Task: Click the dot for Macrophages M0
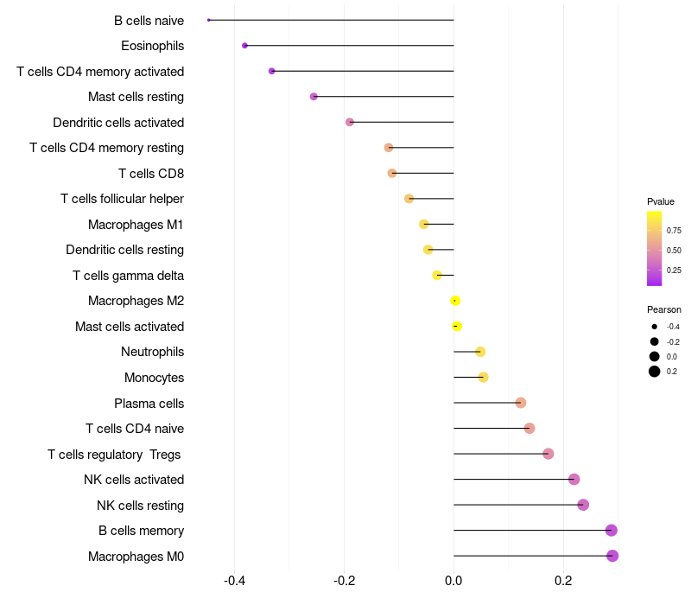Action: click(612, 556)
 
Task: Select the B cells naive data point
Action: click(209, 20)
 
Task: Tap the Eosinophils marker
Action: click(245, 45)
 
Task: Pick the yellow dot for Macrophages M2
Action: click(455, 301)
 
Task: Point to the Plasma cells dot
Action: click(521, 403)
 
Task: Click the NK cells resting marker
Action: click(583, 505)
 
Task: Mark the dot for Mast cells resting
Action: click(314, 97)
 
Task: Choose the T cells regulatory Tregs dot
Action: click(548, 454)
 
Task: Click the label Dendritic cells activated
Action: click(118, 123)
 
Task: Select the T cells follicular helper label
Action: click(122, 199)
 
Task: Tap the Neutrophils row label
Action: click(152, 352)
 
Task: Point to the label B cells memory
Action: click(141, 531)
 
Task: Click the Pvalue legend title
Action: click(661, 201)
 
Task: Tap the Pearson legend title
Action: click(663, 309)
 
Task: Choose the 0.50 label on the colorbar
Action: click(674, 251)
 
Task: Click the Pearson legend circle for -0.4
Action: click(655, 327)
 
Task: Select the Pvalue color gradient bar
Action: click(655, 248)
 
